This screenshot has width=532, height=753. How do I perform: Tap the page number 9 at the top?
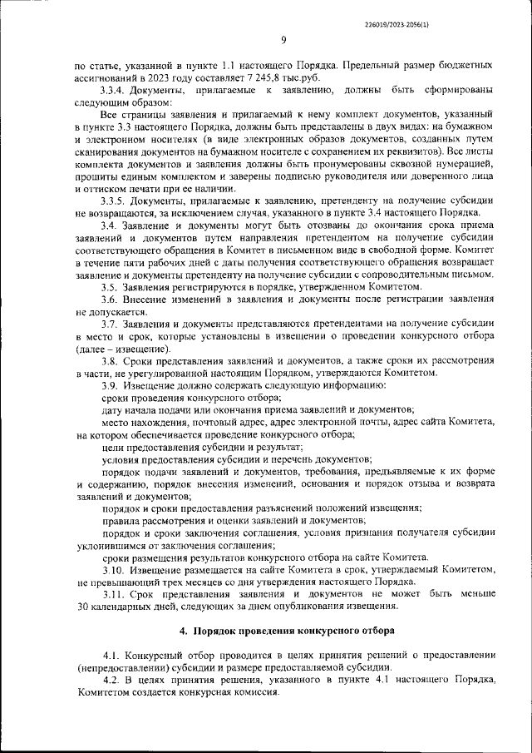click(x=283, y=39)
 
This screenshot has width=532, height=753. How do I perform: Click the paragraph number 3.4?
click(x=109, y=225)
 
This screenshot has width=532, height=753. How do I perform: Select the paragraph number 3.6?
click(x=109, y=299)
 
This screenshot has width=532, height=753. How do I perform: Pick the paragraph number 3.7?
click(x=109, y=324)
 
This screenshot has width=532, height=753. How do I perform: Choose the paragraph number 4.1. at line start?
click(x=113, y=657)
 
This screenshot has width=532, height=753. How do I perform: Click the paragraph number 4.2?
click(x=113, y=682)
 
